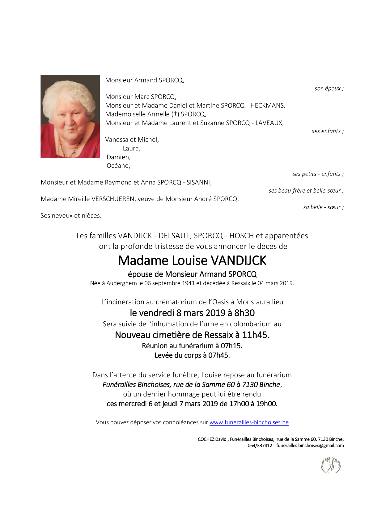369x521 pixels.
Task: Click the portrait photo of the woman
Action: point(70,116)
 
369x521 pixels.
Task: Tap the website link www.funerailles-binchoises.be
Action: point(249,422)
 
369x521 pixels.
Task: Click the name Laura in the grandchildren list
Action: point(131,148)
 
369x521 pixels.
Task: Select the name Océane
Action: point(118,166)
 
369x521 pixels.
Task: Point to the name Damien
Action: point(118,157)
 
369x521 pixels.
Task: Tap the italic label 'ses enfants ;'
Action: point(327,131)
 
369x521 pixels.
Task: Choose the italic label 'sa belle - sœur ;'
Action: point(323,207)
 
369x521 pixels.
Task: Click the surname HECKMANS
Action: point(267,105)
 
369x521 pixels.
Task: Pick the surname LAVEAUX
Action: point(269,123)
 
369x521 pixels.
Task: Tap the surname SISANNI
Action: point(199,182)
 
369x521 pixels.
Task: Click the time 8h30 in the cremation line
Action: point(244,313)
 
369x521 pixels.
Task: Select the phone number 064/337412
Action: point(260,446)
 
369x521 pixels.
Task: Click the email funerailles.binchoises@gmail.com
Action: point(310,446)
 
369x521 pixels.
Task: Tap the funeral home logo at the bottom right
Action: point(330,465)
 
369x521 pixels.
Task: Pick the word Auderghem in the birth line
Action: point(121,283)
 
